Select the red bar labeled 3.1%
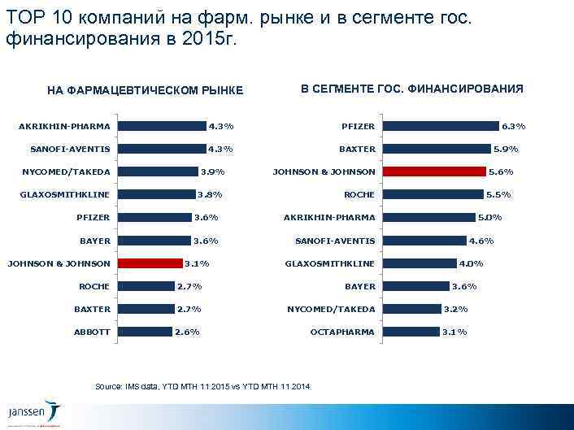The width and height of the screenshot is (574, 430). coord(150,263)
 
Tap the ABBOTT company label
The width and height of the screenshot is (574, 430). coord(92,332)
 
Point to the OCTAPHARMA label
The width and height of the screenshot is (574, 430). coord(343,332)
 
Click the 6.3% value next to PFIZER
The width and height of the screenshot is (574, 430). coord(513,126)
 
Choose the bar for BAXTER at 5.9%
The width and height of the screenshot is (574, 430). coord(437,149)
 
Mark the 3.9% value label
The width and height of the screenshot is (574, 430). coord(212,172)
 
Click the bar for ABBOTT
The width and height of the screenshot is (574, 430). coord(145,332)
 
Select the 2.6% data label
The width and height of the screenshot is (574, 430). coord(187,332)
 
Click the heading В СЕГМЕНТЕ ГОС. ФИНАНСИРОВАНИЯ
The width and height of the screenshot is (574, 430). coord(411,88)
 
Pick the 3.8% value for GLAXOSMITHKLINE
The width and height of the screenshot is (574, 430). coord(210,194)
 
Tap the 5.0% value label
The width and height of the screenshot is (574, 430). coord(489,217)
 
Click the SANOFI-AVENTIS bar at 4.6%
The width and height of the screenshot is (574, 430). coord(424,241)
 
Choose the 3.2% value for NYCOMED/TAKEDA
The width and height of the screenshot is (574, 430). coord(455,309)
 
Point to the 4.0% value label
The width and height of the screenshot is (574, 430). coord(472,263)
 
